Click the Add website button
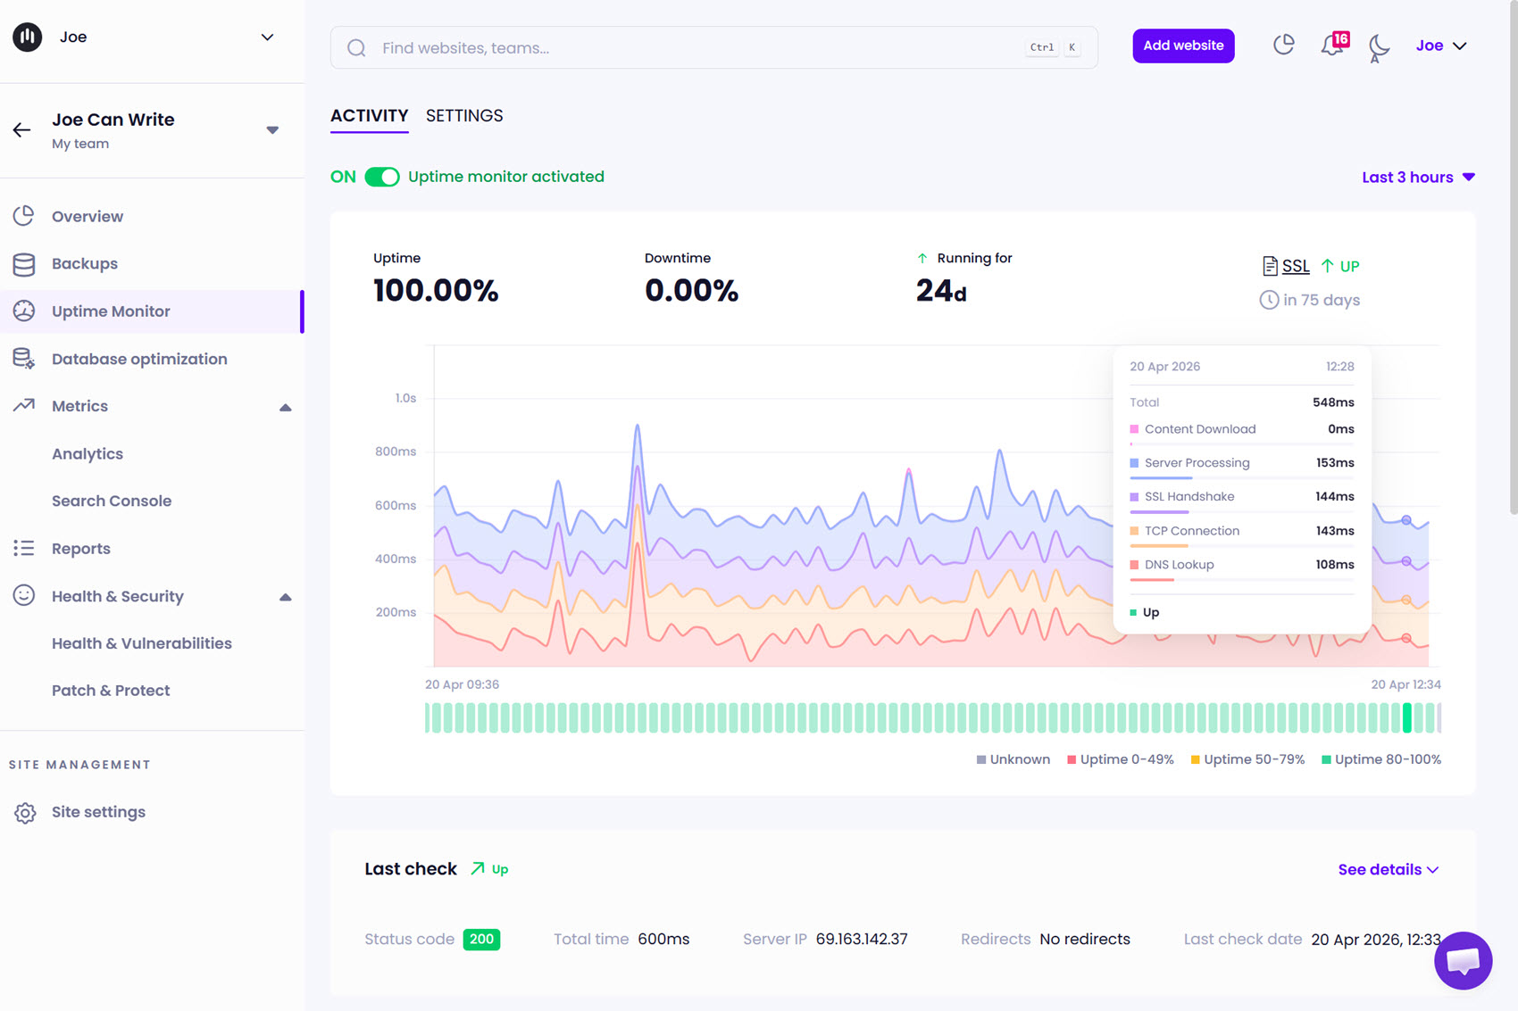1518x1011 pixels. [1183, 46]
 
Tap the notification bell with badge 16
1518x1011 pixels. [1332, 46]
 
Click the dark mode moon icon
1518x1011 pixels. [1379, 46]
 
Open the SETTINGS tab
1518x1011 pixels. [464, 116]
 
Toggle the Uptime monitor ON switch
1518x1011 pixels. [382, 177]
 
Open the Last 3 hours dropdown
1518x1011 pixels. [1417, 178]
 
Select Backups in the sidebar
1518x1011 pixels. [85, 264]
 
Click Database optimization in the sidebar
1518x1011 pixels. [139, 359]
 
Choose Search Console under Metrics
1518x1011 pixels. [112, 501]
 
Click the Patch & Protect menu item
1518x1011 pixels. [111, 691]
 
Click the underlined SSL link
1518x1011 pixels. [1295, 266]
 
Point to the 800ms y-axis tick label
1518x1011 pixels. [396, 452]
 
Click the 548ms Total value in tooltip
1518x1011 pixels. [1332, 402]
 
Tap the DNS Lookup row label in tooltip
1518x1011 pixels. [1179, 565]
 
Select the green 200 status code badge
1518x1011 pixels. [481, 939]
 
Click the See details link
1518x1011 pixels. [1388, 869]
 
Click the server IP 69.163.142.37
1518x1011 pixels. [862, 939]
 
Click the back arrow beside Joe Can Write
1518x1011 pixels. [22, 130]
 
